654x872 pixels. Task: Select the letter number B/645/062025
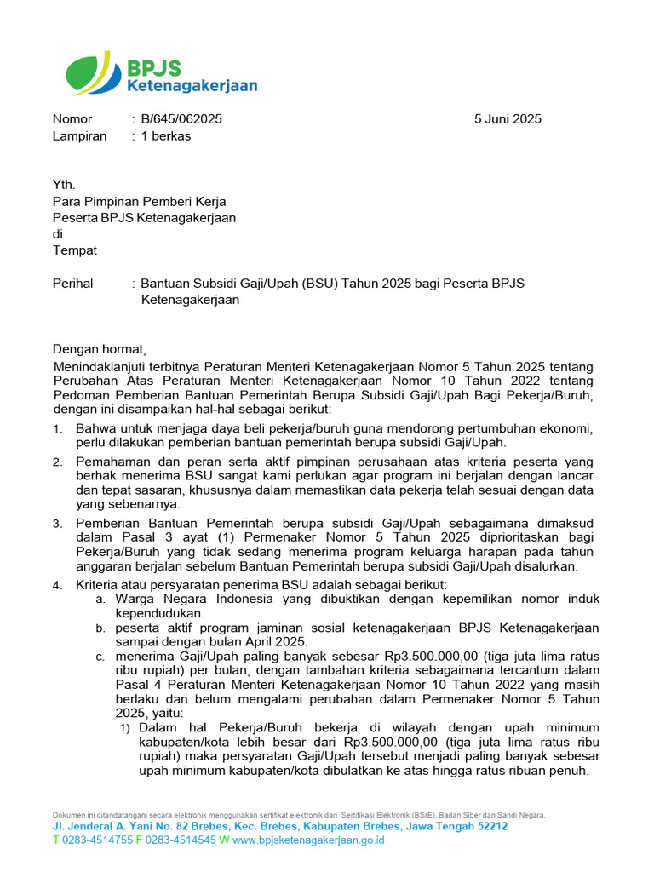[181, 119]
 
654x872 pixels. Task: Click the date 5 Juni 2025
[508, 119]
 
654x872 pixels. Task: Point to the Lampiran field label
[80, 136]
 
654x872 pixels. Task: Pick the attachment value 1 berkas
[166, 136]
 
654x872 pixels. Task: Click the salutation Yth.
[64, 185]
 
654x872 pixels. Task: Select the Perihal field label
[73, 284]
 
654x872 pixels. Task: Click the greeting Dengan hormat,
[100, 349]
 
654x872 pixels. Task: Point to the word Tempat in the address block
[75, 250]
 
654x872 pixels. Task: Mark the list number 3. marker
[57, 523]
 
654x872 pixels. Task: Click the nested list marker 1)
[124, 728]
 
